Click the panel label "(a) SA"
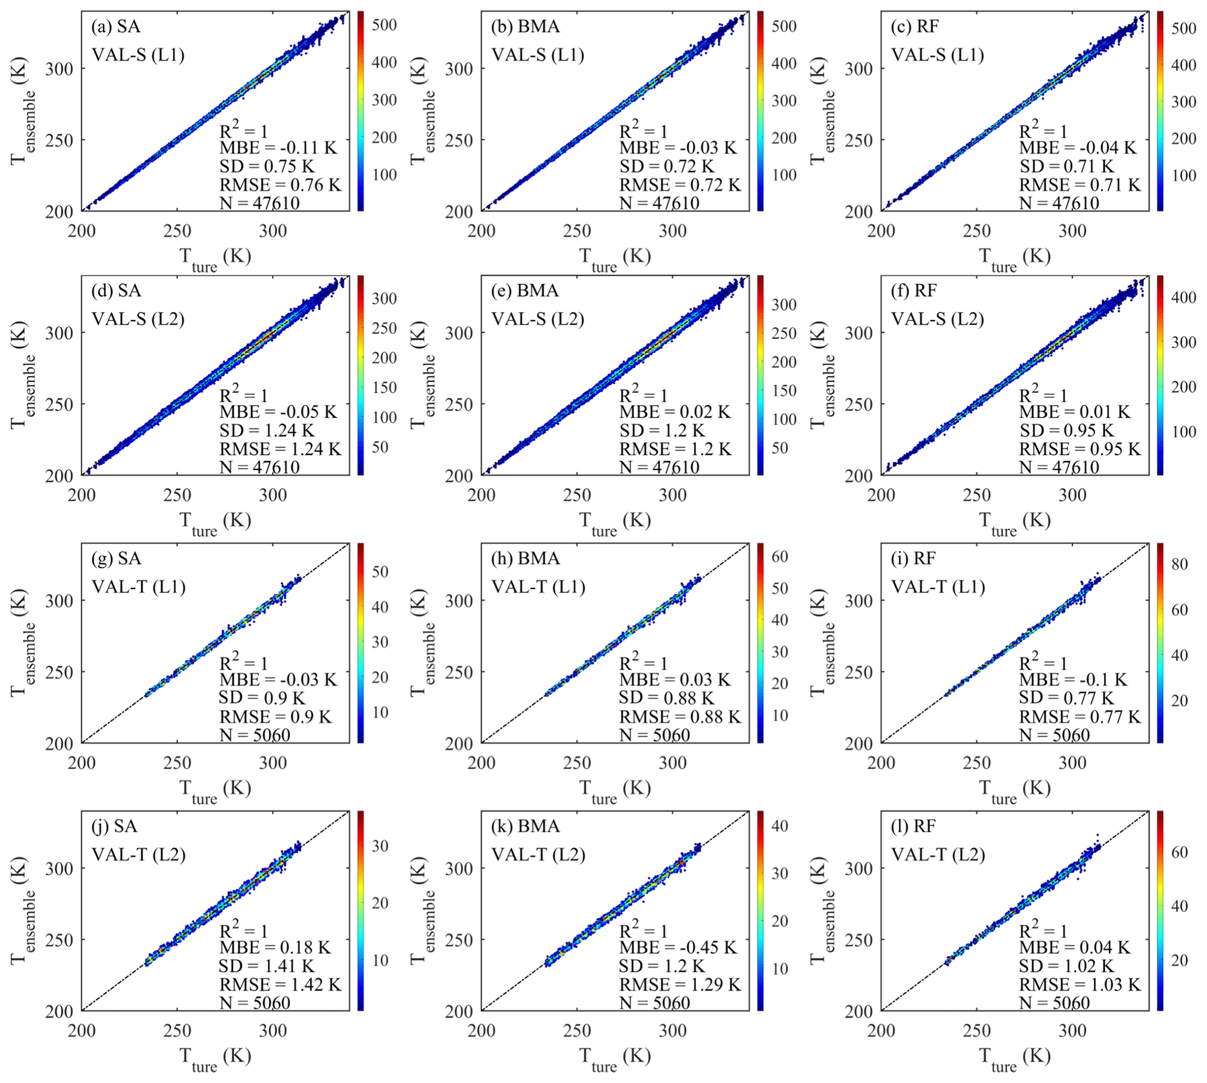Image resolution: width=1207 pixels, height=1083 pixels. click(116, 26)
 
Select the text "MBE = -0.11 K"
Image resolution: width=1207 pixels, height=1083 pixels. click(278, 148)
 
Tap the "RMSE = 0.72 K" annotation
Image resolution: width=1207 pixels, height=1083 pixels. click(680, 185)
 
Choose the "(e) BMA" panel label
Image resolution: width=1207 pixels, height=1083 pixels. click(525, 290)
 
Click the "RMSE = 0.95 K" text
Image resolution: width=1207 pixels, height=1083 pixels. click(1080, 449)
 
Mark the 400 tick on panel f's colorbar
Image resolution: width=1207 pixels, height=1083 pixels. click(1184, 297)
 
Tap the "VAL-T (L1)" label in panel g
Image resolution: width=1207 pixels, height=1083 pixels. click(138, 587)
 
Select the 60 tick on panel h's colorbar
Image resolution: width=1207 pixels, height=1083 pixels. click(780, 556)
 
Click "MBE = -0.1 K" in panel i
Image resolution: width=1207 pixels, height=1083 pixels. click(1073, 679)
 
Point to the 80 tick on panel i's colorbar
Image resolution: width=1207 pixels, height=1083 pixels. click(1180, 564)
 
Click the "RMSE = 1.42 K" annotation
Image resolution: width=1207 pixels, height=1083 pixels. click(280, 985)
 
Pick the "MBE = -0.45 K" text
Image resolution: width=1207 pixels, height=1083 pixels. click(677, 947)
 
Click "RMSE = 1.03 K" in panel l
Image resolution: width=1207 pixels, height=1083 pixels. click(1080, 985)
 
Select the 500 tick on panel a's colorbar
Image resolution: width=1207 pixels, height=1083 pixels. click(384, 25)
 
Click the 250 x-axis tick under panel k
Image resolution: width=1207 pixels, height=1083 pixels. click(577, 1030)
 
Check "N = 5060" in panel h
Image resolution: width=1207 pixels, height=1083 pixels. click(655, 735)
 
